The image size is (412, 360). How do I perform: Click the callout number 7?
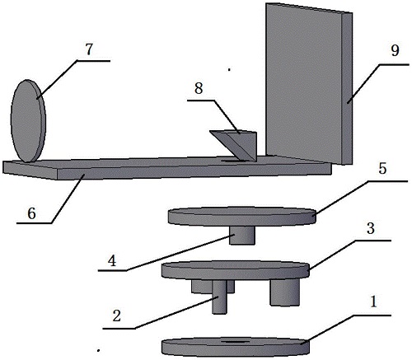[89, 49]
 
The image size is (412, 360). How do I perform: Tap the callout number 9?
[395, 50]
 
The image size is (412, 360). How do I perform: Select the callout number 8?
[199, 88]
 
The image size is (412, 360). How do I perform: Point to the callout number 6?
[31, 213]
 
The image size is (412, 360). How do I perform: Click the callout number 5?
[382, 168]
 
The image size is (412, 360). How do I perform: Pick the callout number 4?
[112, 260]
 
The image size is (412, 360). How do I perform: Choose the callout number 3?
[371, 228]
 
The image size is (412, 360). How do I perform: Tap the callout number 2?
[116, 316]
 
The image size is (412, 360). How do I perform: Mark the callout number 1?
[373, 302]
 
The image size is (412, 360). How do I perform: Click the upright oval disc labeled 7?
[28, 121]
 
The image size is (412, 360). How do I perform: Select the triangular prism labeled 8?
[236, 145]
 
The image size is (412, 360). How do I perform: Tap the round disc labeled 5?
[242, 217]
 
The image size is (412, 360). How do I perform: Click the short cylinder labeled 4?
[242, 236]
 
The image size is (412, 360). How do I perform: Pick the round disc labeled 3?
[236, 270]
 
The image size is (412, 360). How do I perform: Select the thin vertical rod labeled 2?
[219, 297]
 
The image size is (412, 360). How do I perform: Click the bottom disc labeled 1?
[236, 346]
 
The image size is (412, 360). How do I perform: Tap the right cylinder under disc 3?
[284, 292]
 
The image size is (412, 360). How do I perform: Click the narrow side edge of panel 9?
[347, 89]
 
